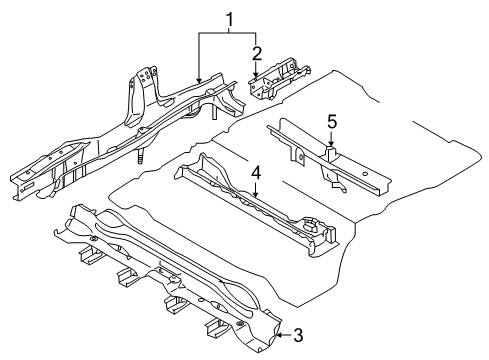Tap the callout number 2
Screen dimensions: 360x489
[x=257, y=52]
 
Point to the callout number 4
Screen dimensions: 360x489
[x=257, y=173]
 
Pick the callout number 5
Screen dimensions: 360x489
[x=332, y=122]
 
